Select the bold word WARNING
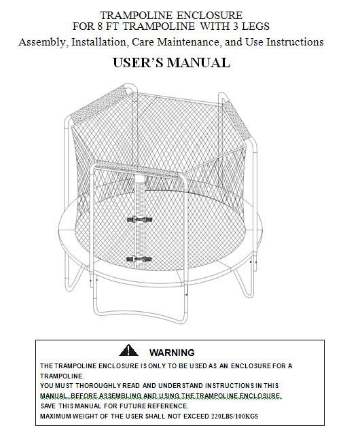pos(171,352)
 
